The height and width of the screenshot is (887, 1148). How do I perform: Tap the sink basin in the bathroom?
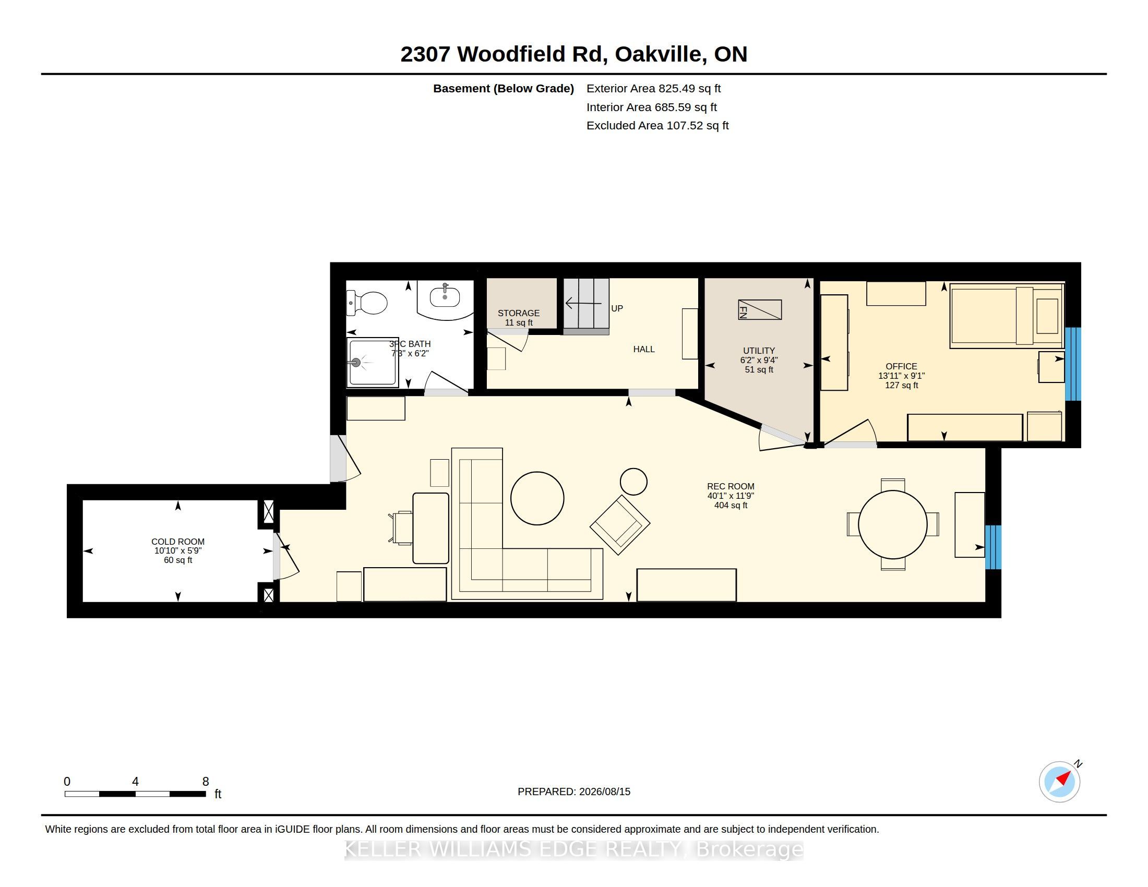[x=445, y=297]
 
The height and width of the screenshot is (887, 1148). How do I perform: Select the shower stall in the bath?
[x=373, y=362]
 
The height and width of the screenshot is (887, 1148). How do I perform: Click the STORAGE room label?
[x=519, y=313]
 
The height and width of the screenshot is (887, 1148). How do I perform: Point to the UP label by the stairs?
[x=617, y=308]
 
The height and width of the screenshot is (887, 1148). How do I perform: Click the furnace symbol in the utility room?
[x=760, y=309]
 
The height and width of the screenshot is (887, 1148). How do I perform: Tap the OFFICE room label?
[x=902, y=366]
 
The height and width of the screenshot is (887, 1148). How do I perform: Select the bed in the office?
[x=1007, y=316]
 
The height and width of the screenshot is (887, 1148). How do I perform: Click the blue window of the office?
[x=1073, y=364]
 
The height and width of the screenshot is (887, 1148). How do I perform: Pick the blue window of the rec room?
[x=993, y=547]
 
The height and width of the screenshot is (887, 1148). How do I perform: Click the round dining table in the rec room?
[x=892, y=524]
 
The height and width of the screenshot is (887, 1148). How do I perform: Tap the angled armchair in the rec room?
[x=620, y=524]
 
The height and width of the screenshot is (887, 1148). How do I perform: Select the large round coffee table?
[x=537, y=498]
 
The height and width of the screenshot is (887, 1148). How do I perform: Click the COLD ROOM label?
[x=177, y=542]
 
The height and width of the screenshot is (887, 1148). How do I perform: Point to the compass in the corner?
[x=1060, y=782]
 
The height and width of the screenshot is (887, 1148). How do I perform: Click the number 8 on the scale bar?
[x=206, y=782]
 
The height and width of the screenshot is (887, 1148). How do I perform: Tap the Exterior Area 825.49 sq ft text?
[x=653, y=89]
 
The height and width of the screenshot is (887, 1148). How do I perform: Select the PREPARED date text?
[x=574, y=792]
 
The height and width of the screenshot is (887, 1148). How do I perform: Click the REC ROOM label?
[x=731, y=487]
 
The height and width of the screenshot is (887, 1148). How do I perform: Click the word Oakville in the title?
[x=660, y=54]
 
